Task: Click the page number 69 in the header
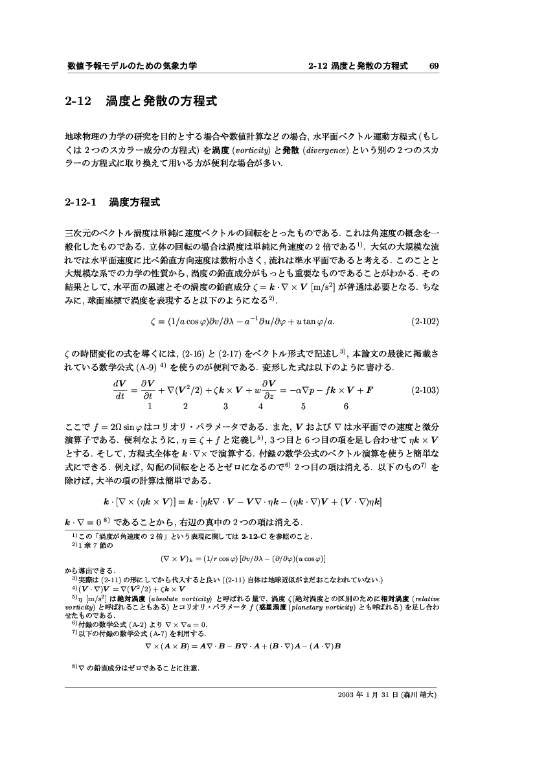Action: pyautogui.click(x=434, y=66)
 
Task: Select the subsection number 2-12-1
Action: pyautogui.click(x=81, y=202)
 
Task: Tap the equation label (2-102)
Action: pyautogui.click(x=426, y=320)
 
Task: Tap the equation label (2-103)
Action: pyautogui.click(x=426, y=391)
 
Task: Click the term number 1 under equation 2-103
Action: pyautogui.click(x=150, y=407)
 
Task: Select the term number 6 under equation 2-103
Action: pyautogui.click(x=347, y=407)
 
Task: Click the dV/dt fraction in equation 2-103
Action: pyautogui.click(x=120, y=391)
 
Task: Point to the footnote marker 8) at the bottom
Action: pyautogui.click(x=74, y=667)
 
